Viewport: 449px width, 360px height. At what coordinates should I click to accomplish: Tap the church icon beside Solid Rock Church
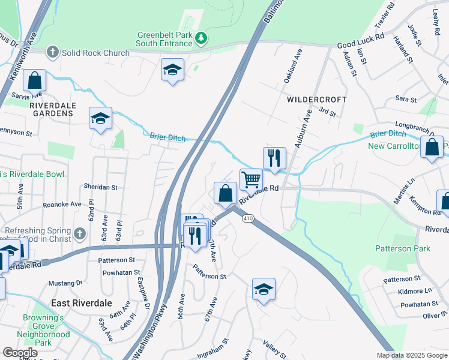pos(52,52)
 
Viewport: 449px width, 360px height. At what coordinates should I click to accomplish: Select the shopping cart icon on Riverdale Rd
pos(251,179)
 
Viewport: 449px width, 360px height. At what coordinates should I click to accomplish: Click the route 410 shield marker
pos(247,219)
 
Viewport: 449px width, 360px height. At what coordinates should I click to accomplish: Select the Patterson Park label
pos(402,248)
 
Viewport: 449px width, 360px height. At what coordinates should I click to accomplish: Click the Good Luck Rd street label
pos(360,41)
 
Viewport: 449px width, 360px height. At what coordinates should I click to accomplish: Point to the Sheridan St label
pos(101,187)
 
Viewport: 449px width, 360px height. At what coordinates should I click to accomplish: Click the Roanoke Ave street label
pos(62,205)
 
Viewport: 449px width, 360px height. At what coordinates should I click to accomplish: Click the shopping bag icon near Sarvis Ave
pos(35,80)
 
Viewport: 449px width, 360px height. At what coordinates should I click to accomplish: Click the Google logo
pos(20,353)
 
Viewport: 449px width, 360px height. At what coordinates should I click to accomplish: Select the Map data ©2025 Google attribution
pos(411,355)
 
